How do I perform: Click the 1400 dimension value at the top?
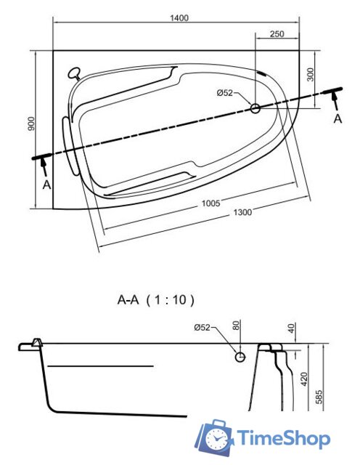tap(179, 18)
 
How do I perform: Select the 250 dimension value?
tap(277, 34)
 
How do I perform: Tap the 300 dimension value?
tap(310, 74)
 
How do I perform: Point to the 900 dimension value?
tap(30, 124)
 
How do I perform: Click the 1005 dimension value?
tap(211, 203)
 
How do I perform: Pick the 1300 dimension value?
tap(242, 212)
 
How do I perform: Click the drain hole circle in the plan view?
tap(255, 108)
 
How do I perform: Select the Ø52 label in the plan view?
tap(225, 93)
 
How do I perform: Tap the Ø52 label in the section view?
tap(202, 328)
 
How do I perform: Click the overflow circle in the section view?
tap(240, 357)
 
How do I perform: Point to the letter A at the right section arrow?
tap(337, 119)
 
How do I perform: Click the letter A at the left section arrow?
tap(47, 185)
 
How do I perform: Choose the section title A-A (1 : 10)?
tap(156, 300)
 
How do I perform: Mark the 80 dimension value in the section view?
tap(236, 325)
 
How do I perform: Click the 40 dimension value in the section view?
tap(292, 328)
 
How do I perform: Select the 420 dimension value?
tap(304, 379)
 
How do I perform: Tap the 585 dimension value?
tap(319, 397)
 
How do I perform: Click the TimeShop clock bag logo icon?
tap(214, 437)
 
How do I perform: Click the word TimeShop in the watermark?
tap(284, 438)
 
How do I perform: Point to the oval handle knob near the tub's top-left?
tap(74, 72)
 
